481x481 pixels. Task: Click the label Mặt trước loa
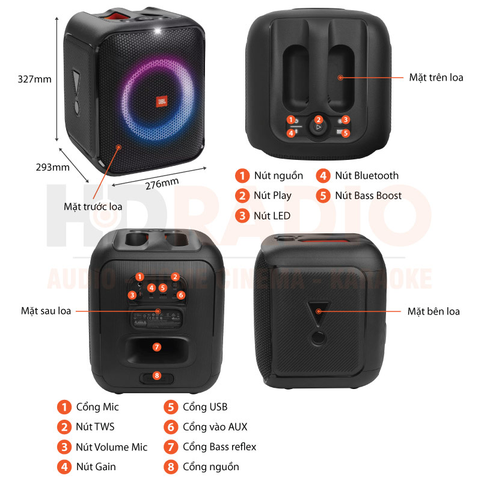(x=93, y=206)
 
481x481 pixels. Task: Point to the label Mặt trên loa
(x=436, y=78)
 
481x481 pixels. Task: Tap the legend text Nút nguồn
(x=278, y=176)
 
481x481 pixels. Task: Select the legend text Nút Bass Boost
(x=368, y=195)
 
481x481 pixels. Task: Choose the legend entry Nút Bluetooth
(x=367, y=176)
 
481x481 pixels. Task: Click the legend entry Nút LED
(x=272, y=215)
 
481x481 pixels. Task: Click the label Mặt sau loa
(x=46, y=311)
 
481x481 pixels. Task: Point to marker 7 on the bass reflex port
(x=157, y=347)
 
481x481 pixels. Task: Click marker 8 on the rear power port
(x=157, y=376)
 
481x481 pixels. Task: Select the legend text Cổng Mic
(x=97, y=407)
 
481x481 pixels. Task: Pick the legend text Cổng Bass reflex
(x=219, y=446)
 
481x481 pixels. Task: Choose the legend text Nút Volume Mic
(x=111, y=447)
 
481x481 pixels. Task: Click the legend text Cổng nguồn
(x=211, y=467)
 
